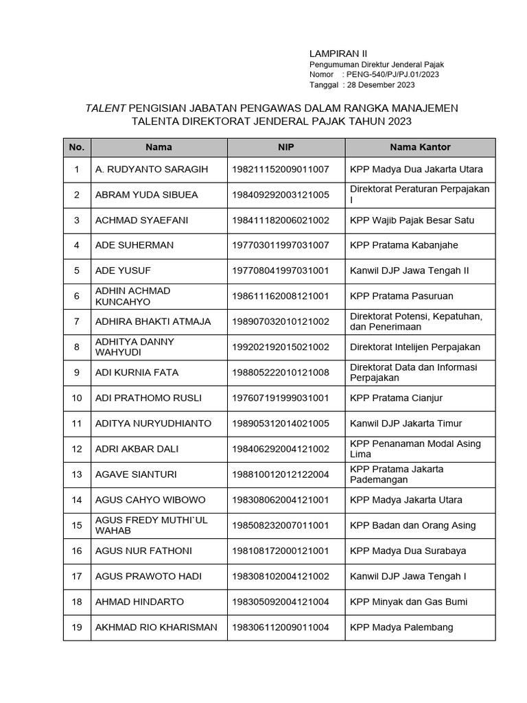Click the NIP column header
[286, 147]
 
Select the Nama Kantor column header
[420, 147]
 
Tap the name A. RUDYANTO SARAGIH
[152, 169]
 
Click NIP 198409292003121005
[281, 195]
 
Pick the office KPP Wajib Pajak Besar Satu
[412, 220]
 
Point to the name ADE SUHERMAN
[134, 245]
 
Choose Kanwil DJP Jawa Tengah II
[409, 270]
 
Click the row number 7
[77, 321]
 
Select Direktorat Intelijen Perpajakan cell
[415, 347]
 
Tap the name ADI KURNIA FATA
[137, 372]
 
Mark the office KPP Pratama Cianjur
[396, 397]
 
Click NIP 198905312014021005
[281, 423]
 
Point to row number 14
[77, 500]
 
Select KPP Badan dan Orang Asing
[412, 525]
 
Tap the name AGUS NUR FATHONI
[143, 551]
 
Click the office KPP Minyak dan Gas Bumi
[408, 601]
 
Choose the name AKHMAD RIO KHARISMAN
[156, 627]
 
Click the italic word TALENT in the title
[105, 108]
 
